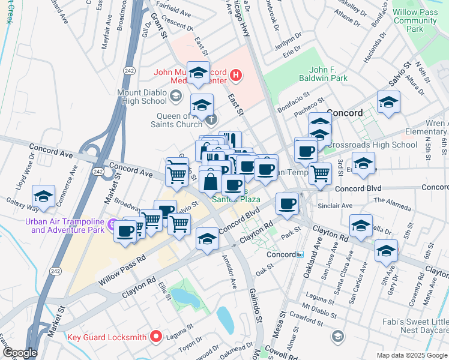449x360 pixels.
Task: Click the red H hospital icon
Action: (237, 76)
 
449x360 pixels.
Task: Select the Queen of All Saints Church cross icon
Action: (211, 119)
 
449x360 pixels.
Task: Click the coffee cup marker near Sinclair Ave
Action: (287, 204)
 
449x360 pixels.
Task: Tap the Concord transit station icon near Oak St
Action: (300, 254)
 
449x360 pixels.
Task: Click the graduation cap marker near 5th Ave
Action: (385, 252)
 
